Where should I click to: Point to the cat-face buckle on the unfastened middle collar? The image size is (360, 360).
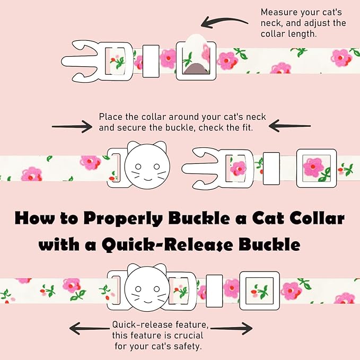tap(145, 166)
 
